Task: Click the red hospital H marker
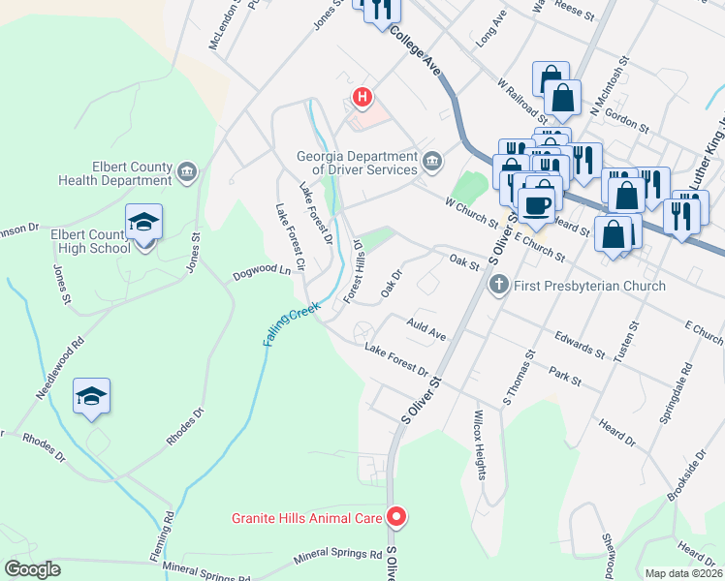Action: point(362,97)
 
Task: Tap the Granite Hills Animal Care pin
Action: point(395,517)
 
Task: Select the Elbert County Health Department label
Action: point(115,173)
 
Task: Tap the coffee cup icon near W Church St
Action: point(536,204)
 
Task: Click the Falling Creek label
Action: point(291,325)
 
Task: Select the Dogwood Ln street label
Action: point(262,275)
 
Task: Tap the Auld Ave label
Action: point(426,329)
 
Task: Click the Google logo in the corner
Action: point(32,569)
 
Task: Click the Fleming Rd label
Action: point(171,535)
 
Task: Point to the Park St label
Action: point(563,376)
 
